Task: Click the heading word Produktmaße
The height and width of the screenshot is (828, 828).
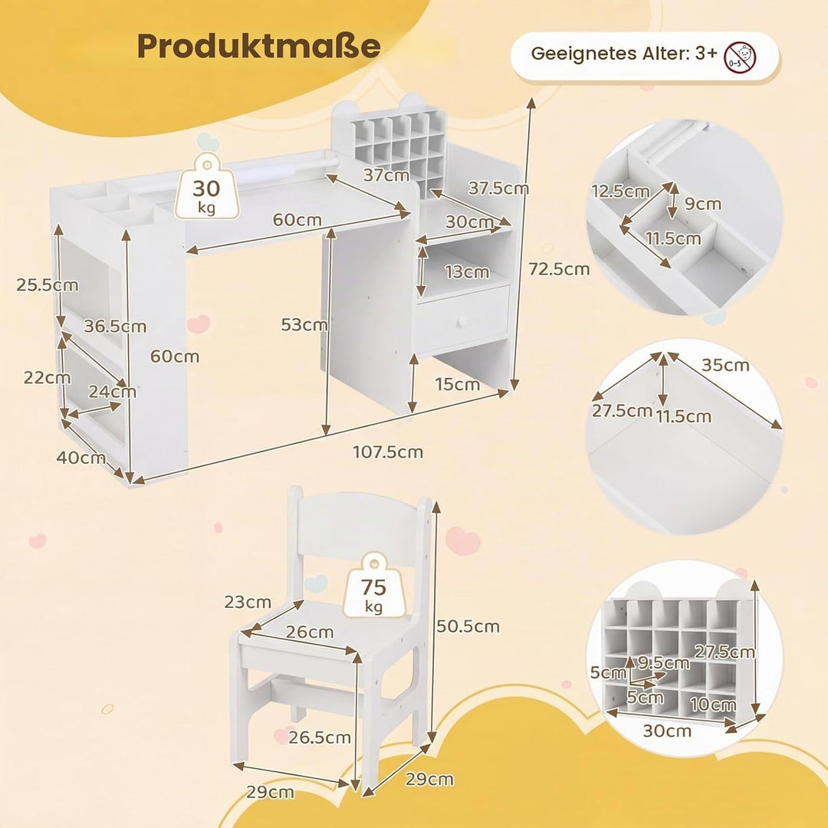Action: pyautogui.click(x=259, y=47)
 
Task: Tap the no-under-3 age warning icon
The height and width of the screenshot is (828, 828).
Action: pyautogui.click(x=740, y=57)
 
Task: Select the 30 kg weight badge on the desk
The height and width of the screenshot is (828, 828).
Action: pyautogui.click(x=206, y=186)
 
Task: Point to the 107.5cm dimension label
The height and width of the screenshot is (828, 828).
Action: pyautogui.click(x=388, y=452)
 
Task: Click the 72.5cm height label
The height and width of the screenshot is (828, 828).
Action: pyautogui.click(x=559, y=269)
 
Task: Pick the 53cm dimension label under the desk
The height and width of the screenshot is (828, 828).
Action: pyautogui.click(x=304, y=324)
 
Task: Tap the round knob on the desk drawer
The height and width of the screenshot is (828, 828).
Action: pyautogui.click(x=462, y=321)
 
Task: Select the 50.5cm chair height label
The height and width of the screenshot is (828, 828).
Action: pyautogui.click(x=468, y=626)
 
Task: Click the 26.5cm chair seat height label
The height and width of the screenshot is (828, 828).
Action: pyautogui.click(x=320, y=738)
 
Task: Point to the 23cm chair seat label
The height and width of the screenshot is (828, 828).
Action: pyautogui.click(x=248, y=602)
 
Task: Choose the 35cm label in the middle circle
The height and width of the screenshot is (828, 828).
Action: pyautogui.click(x=725, y=365)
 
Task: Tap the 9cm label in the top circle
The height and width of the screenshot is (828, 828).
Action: pyautogui.click(x=702, y=204)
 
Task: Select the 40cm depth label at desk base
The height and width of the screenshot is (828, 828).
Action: pyautogui.click(x=80, y=457)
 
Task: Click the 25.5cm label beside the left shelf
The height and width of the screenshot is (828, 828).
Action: pyautogui.click(x=47, y=285)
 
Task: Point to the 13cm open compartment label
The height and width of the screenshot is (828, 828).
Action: pyautogui.click(x=467, y=272)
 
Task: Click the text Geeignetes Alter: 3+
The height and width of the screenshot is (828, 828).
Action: pyautogui.click(x=624, y=54)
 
